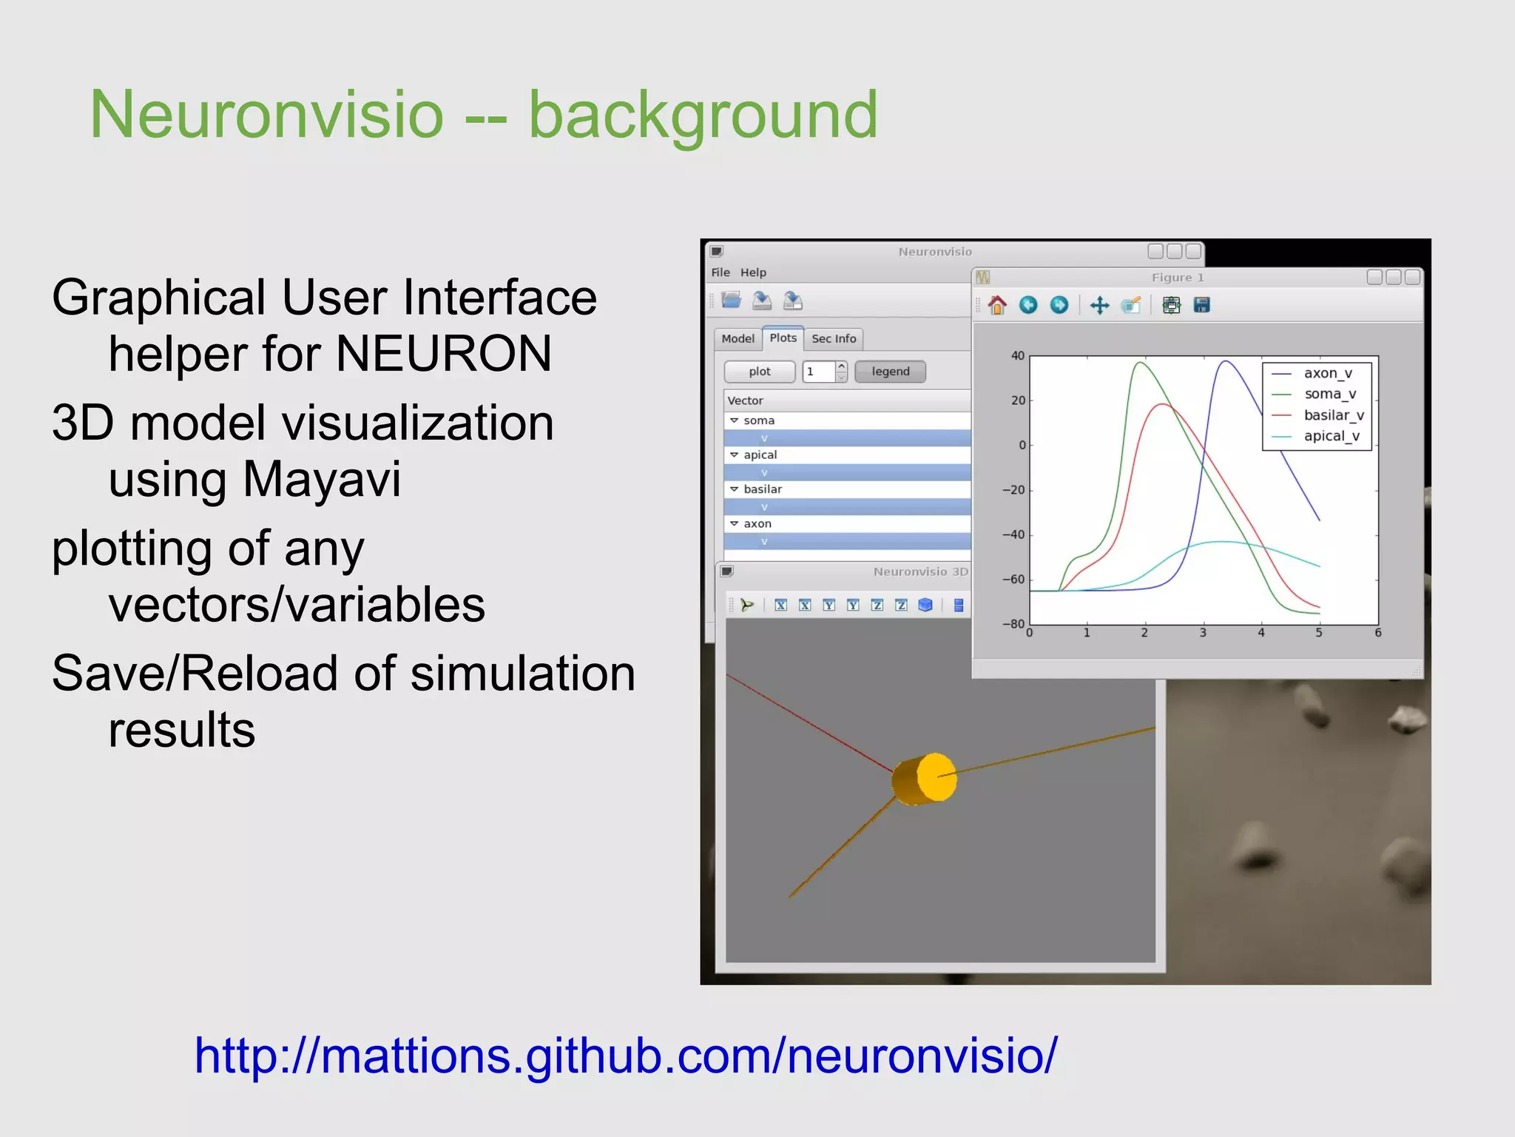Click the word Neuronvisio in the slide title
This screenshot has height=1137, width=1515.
[x=266, y=115]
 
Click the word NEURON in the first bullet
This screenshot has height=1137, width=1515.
[x=444, y=354]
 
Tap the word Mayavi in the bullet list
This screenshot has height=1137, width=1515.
[x=322, y=480]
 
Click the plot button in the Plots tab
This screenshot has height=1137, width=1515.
[x=759, y=372]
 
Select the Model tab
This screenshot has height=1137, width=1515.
[x=738, y=339]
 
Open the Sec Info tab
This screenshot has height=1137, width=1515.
[x=833, y=339]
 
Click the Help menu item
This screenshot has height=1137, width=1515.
[x=753, y=272]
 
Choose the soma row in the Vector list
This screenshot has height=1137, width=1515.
[x=759, y=420]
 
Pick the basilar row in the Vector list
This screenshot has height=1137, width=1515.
[x=762, y=489]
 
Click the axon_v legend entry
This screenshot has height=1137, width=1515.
[x=1327, y=373]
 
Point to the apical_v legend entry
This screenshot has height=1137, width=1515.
[x=1331, y=436]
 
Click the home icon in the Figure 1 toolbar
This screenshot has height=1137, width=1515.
[x=997, y=305]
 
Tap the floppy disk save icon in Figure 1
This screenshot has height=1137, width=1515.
[x=1201, y=305]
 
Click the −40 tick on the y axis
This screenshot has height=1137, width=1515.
[x=1013, y=534]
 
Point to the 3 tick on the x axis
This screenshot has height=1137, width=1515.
[x=1203, y=633]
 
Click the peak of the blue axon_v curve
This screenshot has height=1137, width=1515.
[x=1226, y=361]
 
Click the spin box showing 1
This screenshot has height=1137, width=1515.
[x=819, y=372]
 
